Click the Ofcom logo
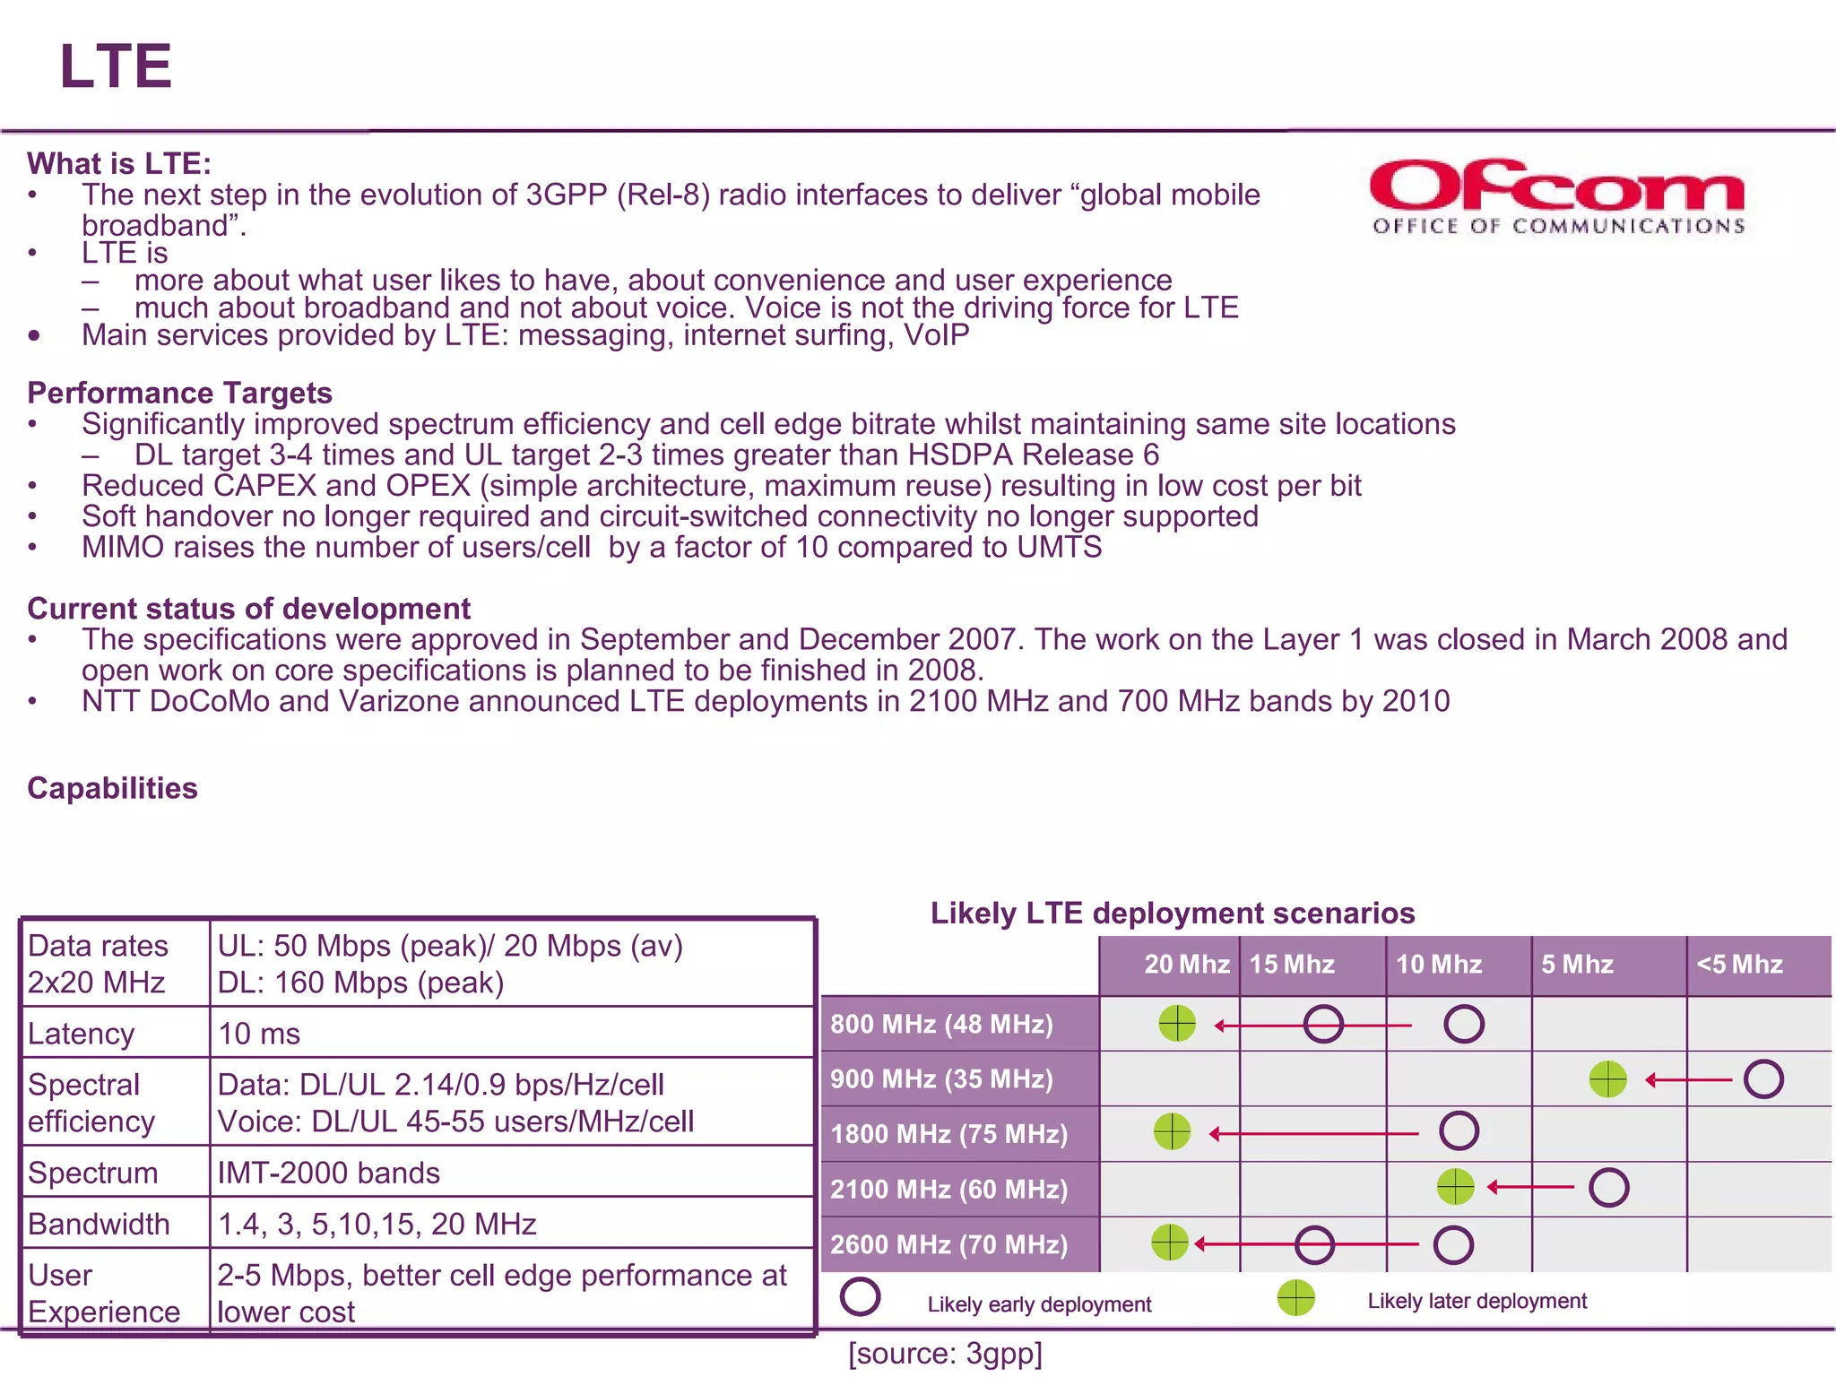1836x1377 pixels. point(1557,197)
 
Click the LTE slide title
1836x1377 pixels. point(115,66)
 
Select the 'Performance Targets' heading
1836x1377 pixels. point(179,393)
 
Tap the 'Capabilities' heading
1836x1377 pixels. point(112,788)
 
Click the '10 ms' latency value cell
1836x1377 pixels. point(259,1034)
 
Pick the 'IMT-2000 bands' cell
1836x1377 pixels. point(328,1173)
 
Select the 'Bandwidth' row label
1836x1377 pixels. point(99,1224)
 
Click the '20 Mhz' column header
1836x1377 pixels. point(1186,965)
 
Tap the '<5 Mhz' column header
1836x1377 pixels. point(1739,965)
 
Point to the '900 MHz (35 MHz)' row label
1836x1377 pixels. point(941,1078)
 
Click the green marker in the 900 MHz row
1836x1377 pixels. point(1607,1079)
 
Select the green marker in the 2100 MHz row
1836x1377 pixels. point(1455,1187)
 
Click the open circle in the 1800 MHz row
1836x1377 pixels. point(1459,1131)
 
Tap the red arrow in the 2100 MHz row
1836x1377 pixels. point(1531,1187)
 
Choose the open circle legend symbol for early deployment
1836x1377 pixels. point(861,1297)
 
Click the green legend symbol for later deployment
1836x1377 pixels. point(1295,1297)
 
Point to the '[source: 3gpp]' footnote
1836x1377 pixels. point(945,1354)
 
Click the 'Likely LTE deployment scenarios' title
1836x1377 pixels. point(1173,913)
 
